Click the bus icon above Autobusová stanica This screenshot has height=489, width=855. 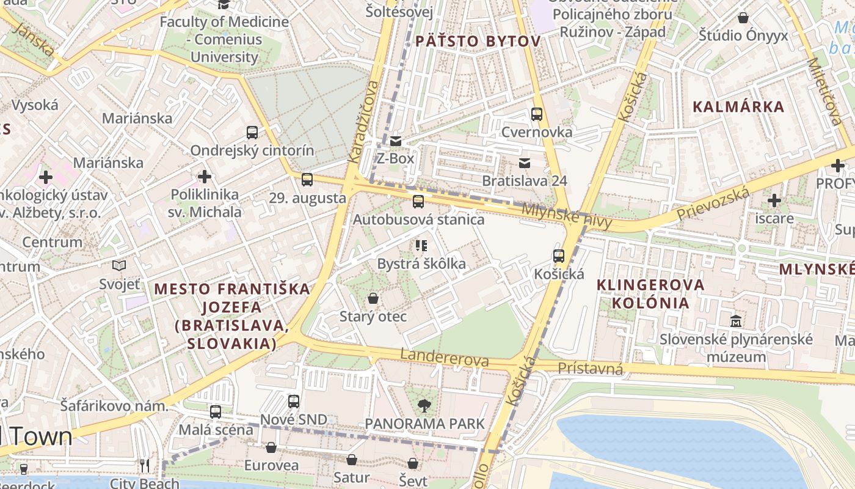pyautogui.click(x=418, y=201)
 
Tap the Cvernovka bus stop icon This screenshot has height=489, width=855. pyautogui.click(x=537, y=114)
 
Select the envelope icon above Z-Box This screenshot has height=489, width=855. pyautogui.click(x=396, y=141)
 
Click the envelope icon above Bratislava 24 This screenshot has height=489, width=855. pyautogui.click(x=525, y=163)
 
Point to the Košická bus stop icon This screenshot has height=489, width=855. pyautogui.click(x=559, y=256)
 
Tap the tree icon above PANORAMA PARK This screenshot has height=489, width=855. pyautogui.click(x=424, y=405)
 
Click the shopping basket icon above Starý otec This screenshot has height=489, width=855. pyautogui.click(x=373, y=298)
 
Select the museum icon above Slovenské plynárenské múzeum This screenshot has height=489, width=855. pyautogui.click(x=736, y=320)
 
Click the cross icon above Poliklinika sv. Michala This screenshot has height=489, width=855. pyautogui.click(x=205, y=177)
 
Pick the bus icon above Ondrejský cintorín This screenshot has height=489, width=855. pyautogui.click(x=252, y=132)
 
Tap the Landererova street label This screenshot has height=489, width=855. pyautogui.click(x=445, y=358)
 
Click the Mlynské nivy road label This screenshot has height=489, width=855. pyautogui.click(x=566, y=216)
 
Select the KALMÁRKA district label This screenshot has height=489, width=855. pyautogui.click(x=738, y=107)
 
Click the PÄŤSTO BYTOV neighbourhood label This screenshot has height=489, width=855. pyautogui.click(x=478, y=42)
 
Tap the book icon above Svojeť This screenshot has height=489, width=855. pyautogui.click(x=119, y=265)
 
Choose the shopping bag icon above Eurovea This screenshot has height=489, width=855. pyautogui.click(x=271, y=447)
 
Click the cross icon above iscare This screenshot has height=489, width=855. pyautogui.click(x=774, y=200)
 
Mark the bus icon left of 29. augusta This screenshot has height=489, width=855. pyautogui.click(x=307, y=180)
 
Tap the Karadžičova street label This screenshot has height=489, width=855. pyautogui.click(x=363, y=122)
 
